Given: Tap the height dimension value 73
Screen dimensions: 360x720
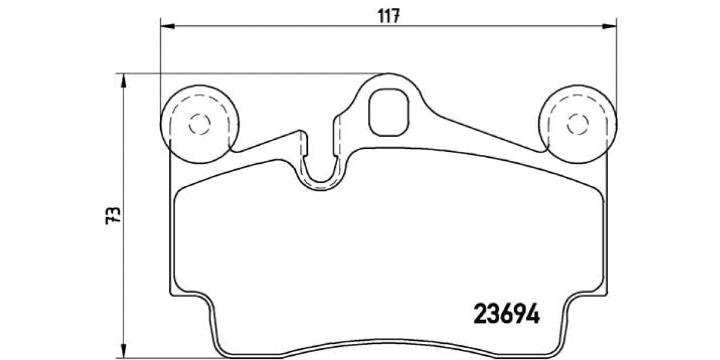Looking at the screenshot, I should [113, 215].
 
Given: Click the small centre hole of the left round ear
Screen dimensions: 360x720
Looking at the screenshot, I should [199, 124].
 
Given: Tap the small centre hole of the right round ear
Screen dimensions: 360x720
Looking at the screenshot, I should [578, 124].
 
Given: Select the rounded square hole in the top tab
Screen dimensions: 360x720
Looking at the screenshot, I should [389, 112].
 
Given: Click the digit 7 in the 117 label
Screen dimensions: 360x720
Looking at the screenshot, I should [396, 16].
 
